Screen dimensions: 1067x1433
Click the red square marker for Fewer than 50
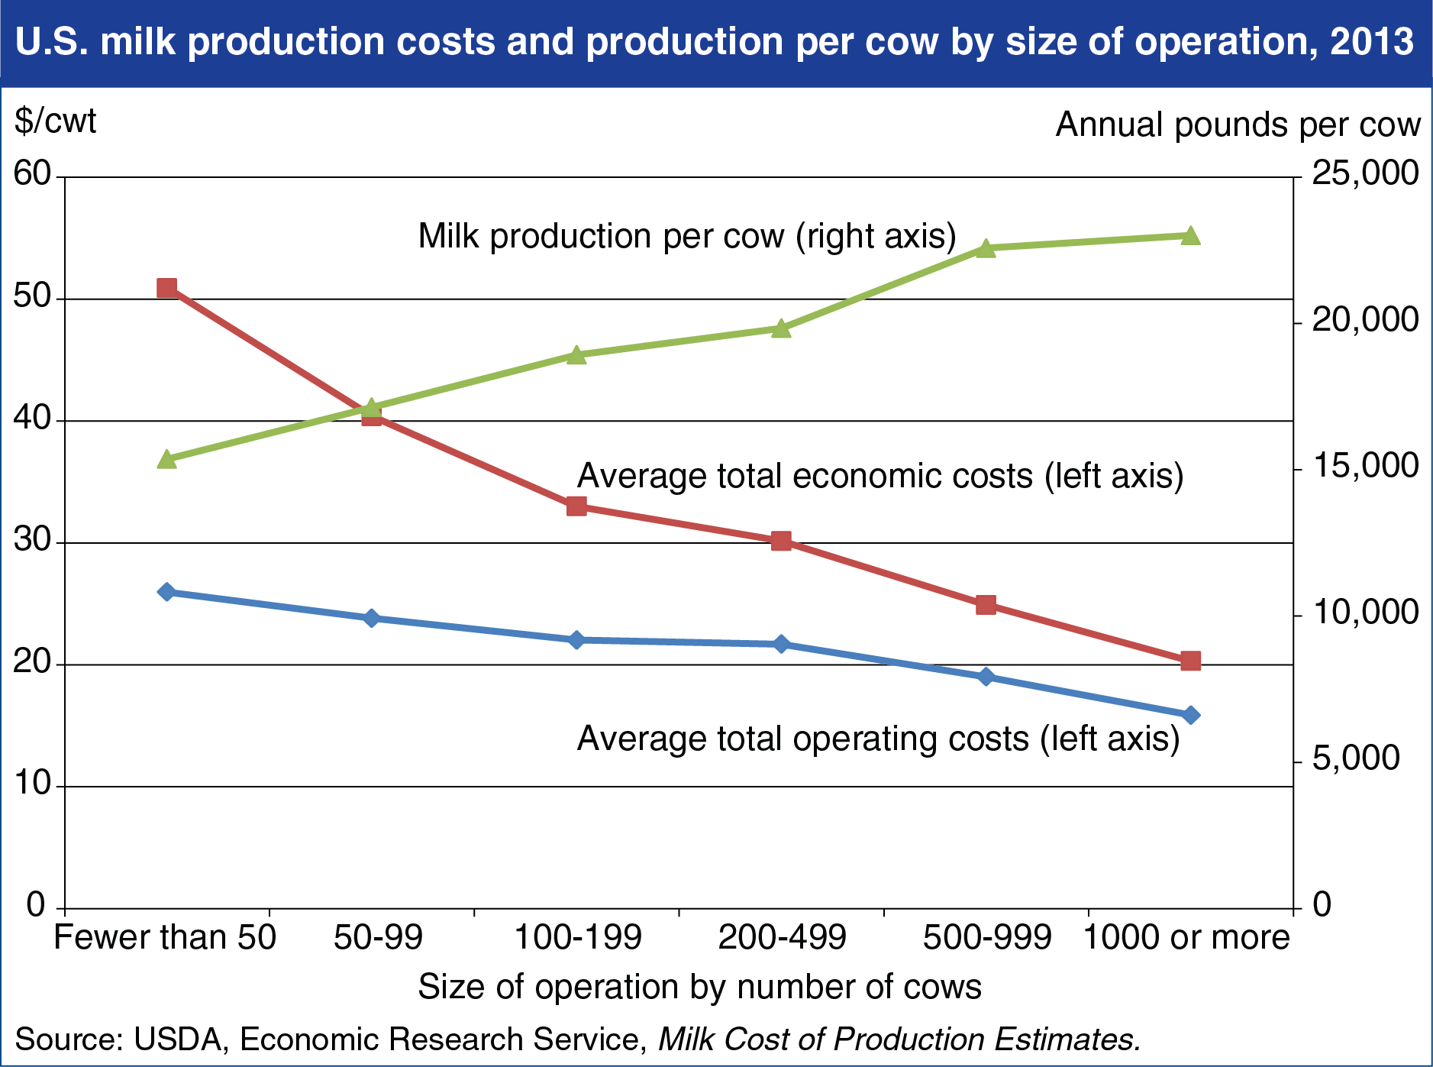(x=166, y=288)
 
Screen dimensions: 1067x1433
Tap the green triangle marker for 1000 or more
(x=1190, y=235)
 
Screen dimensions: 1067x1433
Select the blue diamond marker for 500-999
(x=986, y=677)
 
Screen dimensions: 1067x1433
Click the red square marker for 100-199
(x=576, y=506)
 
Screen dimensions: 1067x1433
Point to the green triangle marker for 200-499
(x=781, y=328)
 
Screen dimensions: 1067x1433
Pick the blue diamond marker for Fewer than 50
(x=166, y=592)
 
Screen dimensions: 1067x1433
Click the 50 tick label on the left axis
(x=32, y=297)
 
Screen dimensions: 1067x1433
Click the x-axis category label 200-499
(x=782, y=937)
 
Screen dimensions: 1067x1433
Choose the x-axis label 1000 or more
(x=1186, y=937)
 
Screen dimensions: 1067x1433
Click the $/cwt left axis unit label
(x=56, y=122)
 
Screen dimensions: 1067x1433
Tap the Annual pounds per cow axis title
(x=1238, y=124)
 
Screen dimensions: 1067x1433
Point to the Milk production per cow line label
(x=687, y=236)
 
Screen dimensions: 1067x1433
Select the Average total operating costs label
(x=878, y=739)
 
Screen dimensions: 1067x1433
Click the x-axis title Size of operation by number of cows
(x=699, y=987)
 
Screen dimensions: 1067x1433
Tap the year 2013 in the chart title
(x=1372, y=41)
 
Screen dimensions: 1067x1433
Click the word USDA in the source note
(x=182, y=1040)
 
